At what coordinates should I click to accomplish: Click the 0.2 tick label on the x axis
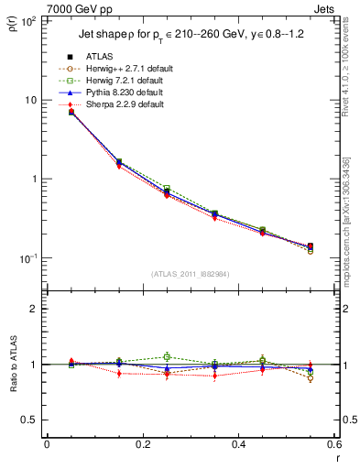[x=142, y=444]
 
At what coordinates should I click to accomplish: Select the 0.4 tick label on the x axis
[x=238, y=444]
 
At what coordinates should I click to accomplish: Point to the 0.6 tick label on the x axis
[x=333, y=444]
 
